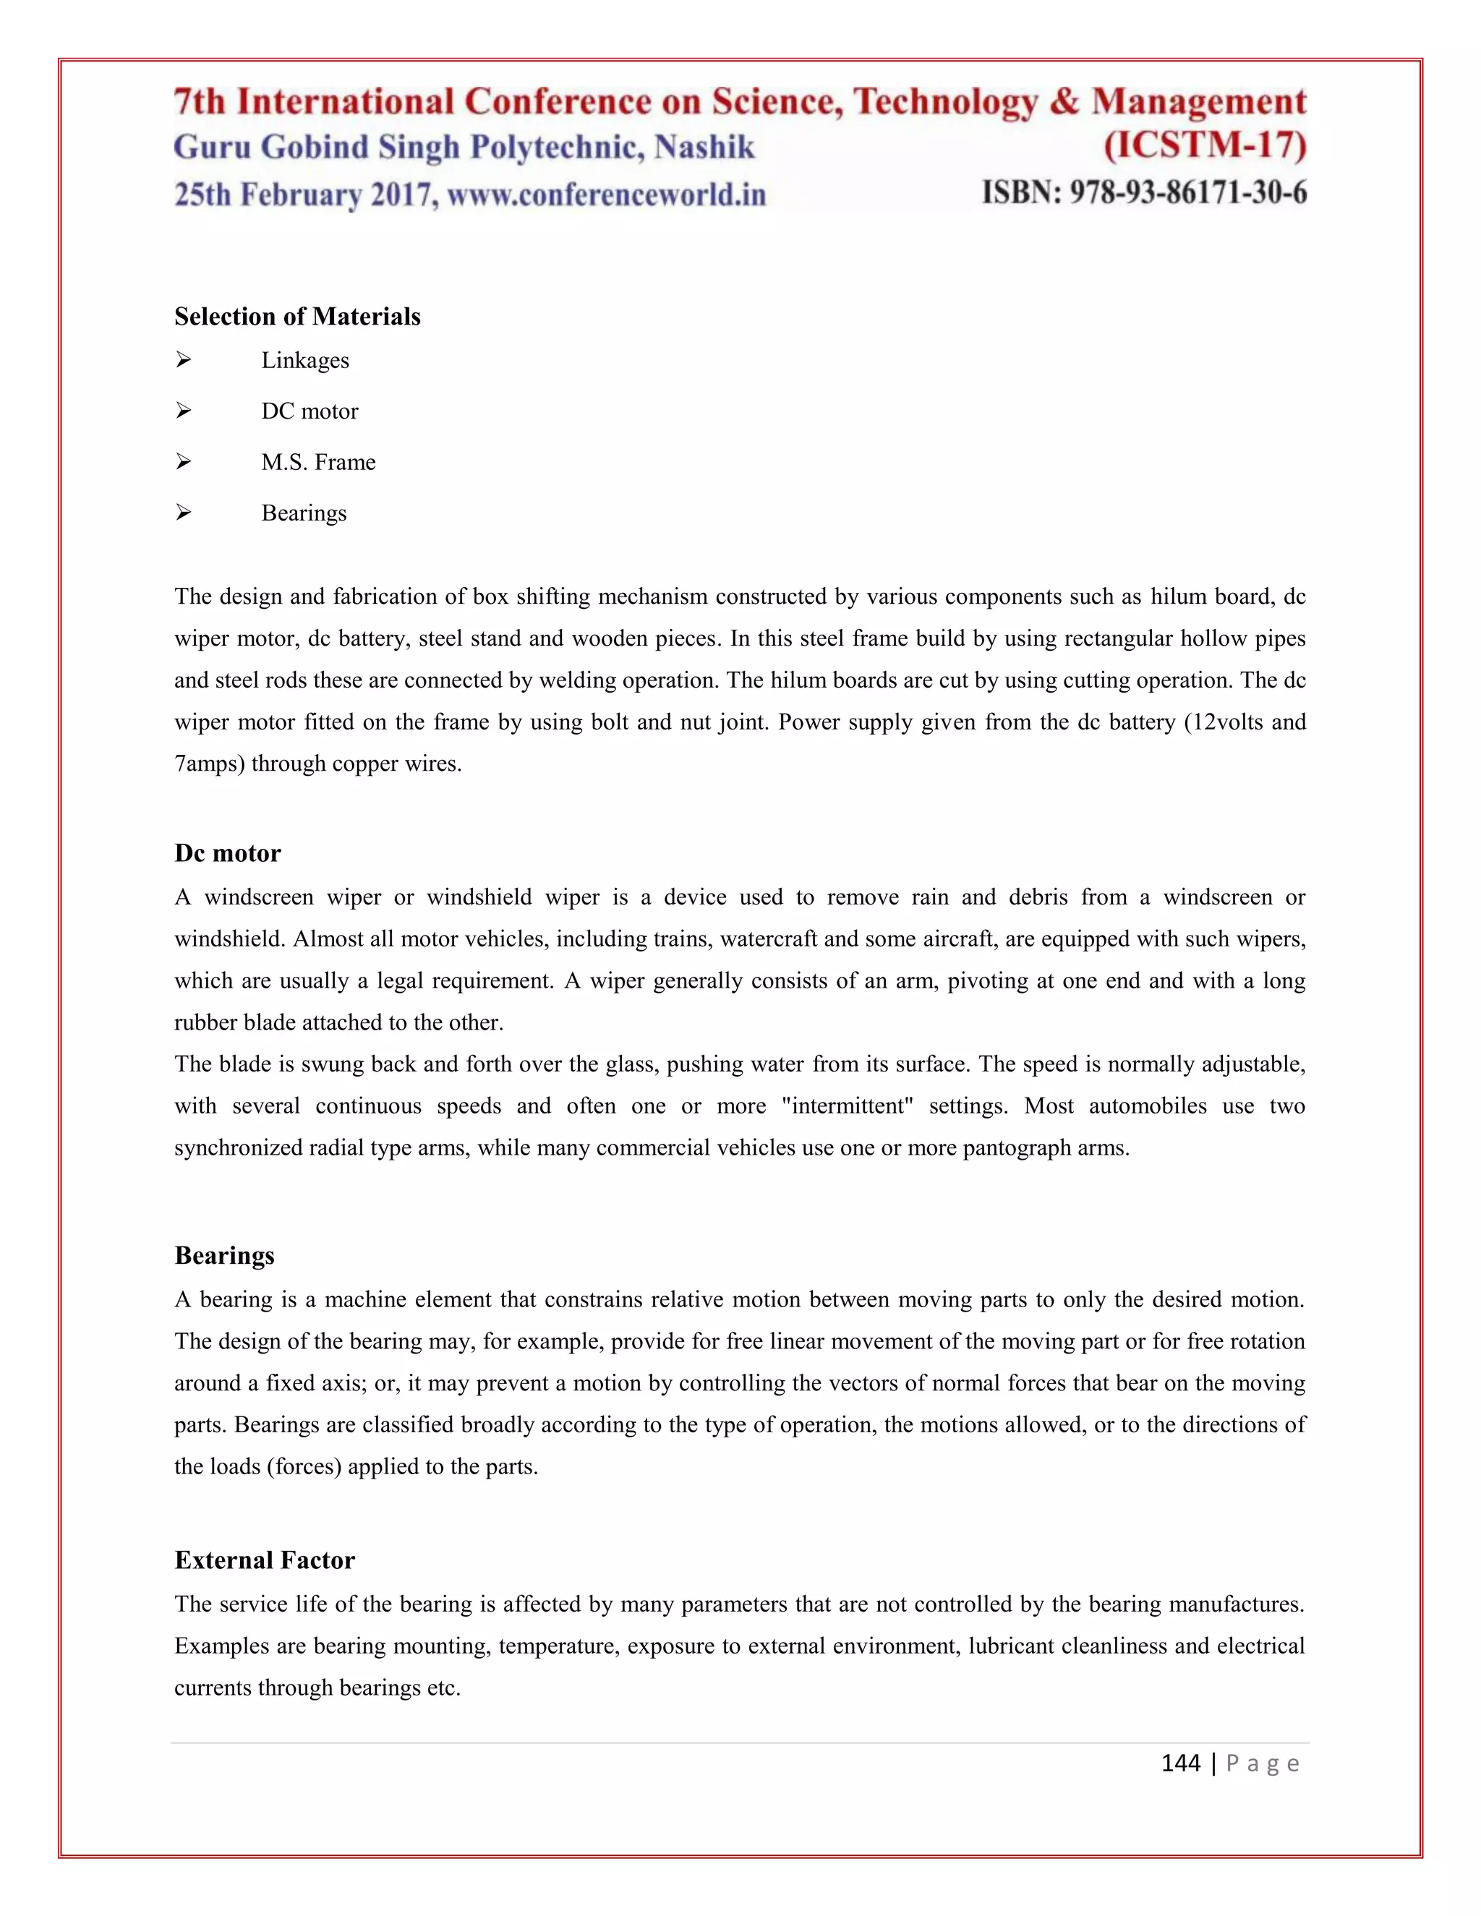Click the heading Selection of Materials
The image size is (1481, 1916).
point(297,317)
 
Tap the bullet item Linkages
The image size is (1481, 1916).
point(304,361)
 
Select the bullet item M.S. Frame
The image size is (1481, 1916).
point(317,462)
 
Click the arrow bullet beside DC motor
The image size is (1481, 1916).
point(184,411)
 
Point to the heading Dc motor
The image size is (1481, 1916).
point(227,854)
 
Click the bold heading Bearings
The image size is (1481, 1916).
point(225,1255)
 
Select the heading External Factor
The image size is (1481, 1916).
point(264,1560)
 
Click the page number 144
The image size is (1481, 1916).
point(1180,1763)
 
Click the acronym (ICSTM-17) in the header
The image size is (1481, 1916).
point(1205,145)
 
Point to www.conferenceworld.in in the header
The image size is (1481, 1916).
point(606,194)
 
